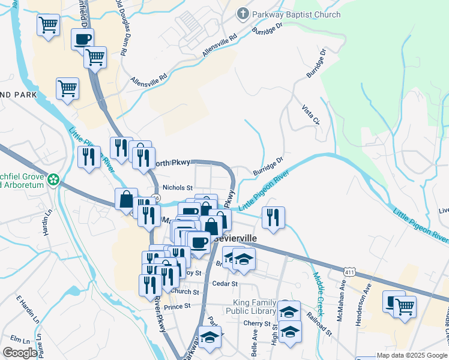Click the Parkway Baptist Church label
click(x=297, y=14)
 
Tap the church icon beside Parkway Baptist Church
click(x=243, y=13)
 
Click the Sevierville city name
click(x=234, y=238)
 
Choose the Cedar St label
click(x=226, y=283)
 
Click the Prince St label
click(x=176, y=305)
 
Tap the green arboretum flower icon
click(x=54, y=179)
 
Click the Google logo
click(x=20, y=352)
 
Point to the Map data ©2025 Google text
click(x=412, y=355)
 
